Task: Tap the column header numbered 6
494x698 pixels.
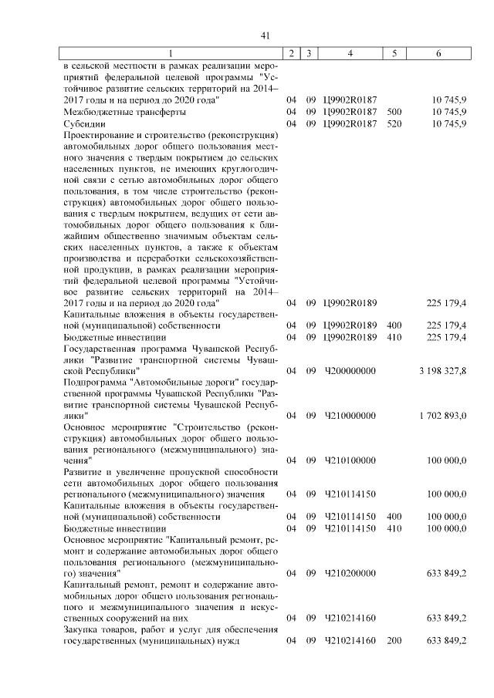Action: [439, 53]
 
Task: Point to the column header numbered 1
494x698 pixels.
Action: [171, 53]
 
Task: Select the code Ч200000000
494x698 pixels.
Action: [349, 371]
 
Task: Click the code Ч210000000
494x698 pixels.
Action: [349, 416]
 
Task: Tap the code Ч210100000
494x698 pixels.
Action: [349, 460]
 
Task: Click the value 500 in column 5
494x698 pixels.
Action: [394, 112]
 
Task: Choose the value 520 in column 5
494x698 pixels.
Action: [394, 123]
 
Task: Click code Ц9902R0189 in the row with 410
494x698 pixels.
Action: [349, 337]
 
